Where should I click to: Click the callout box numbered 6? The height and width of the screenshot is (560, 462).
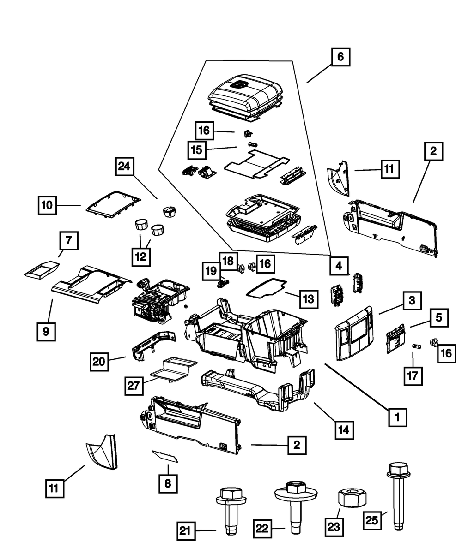point(340,58)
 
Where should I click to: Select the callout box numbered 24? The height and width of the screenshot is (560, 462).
point(124,167)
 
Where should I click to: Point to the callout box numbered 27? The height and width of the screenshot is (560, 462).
point(134,386)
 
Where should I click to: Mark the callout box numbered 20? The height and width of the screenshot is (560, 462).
point(99,361)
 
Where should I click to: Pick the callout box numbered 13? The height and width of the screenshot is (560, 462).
point(309,299)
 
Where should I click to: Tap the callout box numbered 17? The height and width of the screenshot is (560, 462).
point(413,375)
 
